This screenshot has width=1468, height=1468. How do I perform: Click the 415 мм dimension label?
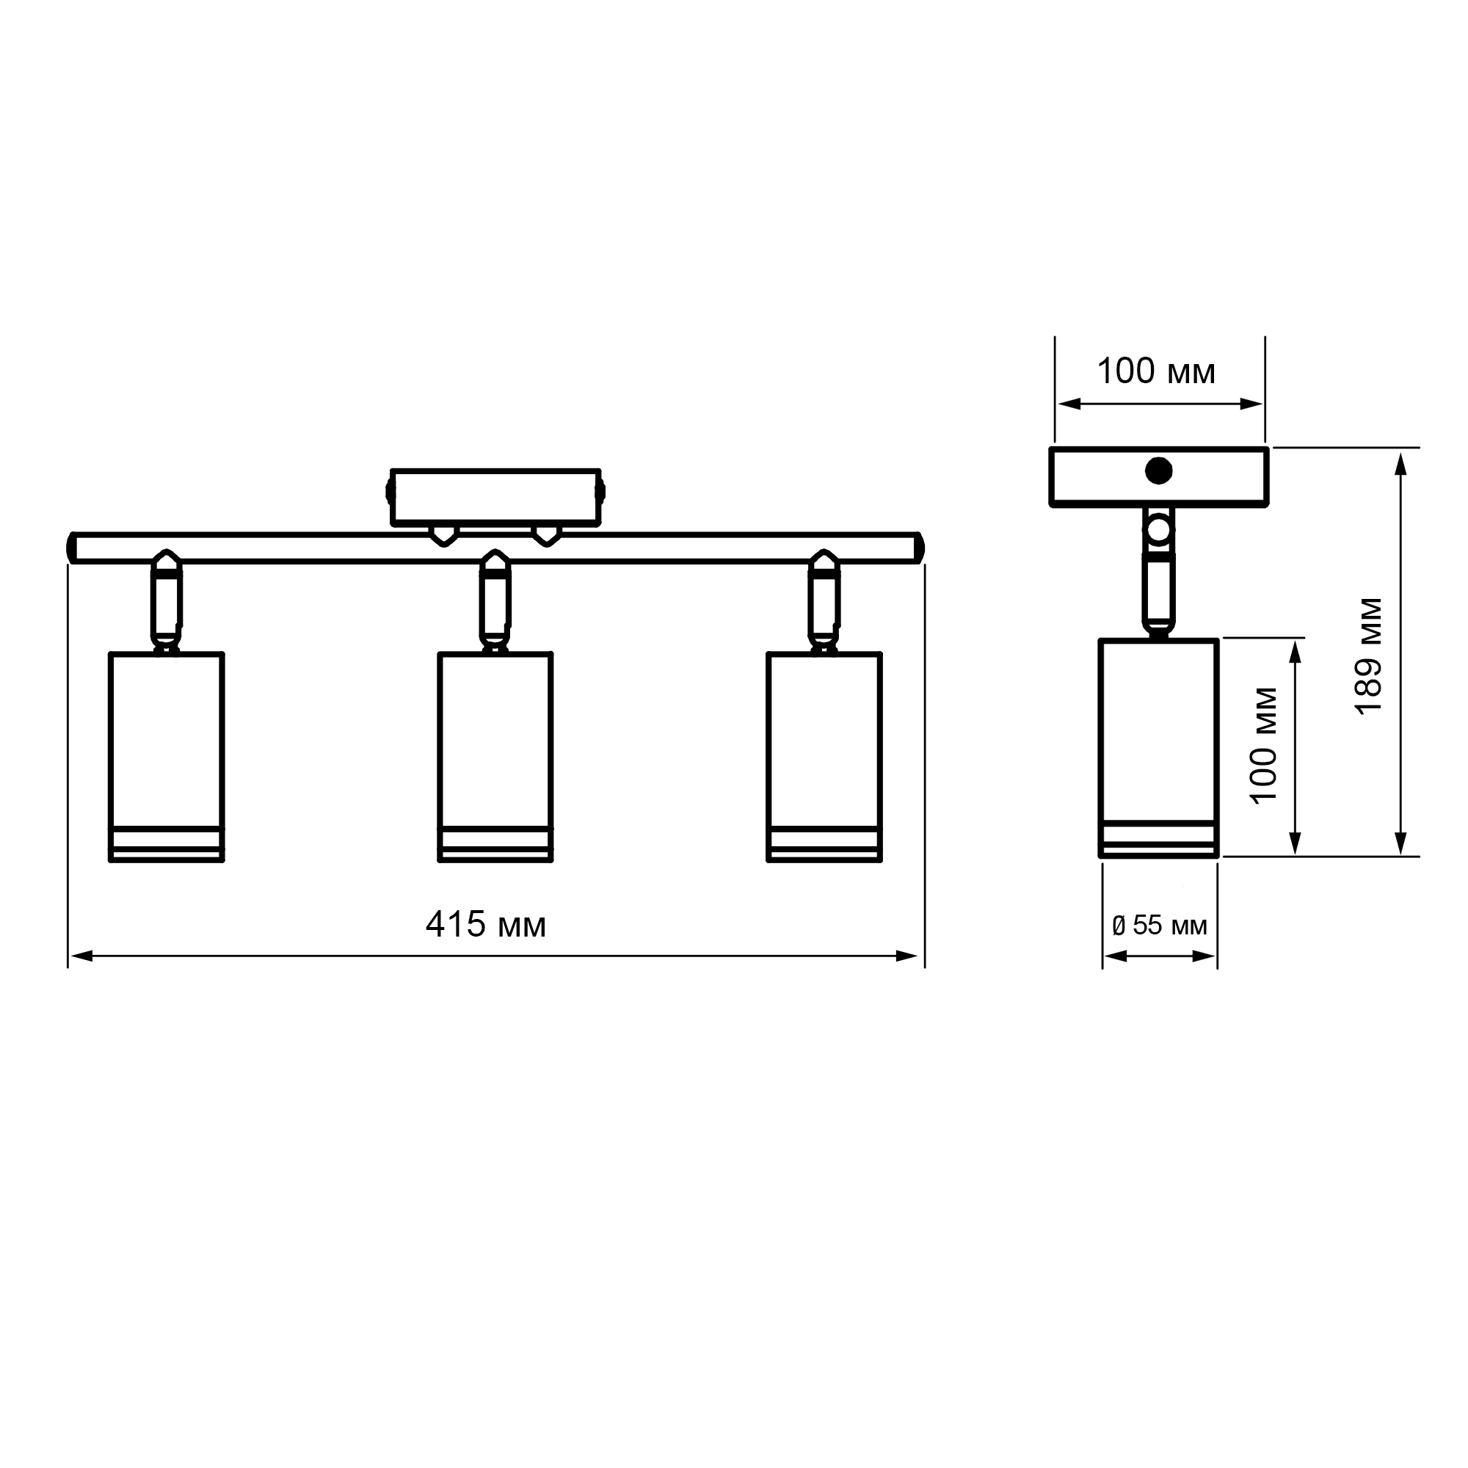[485, 925]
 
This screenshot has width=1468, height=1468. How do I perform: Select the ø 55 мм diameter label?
[1160, 925]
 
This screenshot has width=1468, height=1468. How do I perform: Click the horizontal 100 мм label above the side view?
[1156, 371]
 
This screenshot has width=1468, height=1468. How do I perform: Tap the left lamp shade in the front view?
[167, 757]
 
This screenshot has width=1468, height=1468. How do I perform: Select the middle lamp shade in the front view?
[495, 757]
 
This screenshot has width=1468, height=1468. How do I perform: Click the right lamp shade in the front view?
[824, 757]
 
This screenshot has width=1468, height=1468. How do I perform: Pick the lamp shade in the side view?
[1159, 749]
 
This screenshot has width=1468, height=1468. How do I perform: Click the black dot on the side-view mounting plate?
[1159, 471]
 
